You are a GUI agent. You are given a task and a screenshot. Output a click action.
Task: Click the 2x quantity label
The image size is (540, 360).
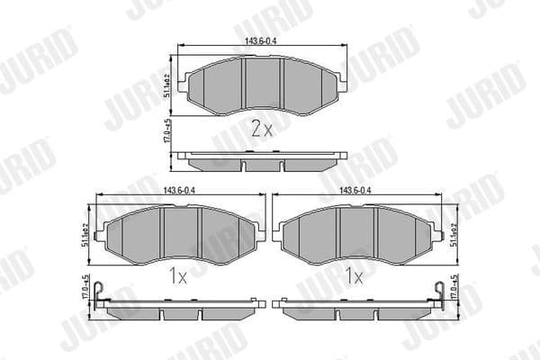pos(261,129)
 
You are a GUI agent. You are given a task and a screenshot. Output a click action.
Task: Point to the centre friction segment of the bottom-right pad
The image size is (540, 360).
pos(356,231)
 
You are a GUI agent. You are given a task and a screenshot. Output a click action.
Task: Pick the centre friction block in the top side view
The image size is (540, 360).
pos(263,165)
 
